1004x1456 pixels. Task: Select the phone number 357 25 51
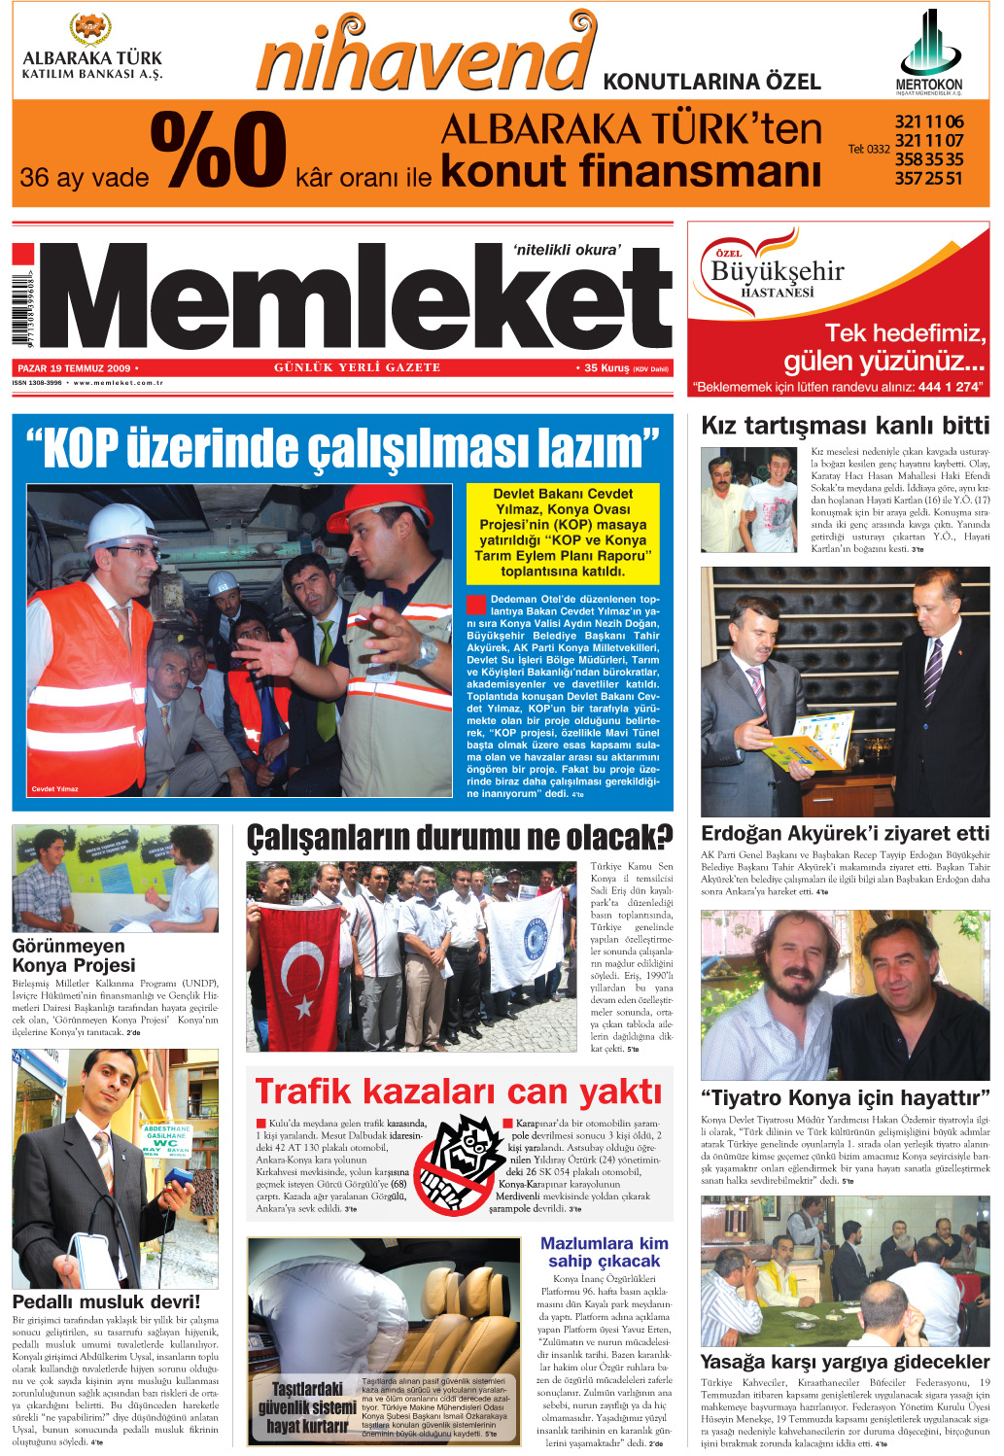click(x=928, y=178)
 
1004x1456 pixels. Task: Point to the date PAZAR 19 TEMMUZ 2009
click(x=74, y=368)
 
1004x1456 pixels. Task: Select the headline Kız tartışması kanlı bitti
click(x=845, y=426)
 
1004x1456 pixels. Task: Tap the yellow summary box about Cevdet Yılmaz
click(x=563, y=533)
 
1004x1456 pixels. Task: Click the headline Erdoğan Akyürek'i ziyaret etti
click(x=845, y=833)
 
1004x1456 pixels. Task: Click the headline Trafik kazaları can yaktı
click(x=458, y=1092)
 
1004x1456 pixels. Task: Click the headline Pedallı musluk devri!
click(x=106, y=1301)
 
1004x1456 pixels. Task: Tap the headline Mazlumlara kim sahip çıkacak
click(x=604, y=1252)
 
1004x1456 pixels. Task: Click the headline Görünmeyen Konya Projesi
click(x=74, y=955)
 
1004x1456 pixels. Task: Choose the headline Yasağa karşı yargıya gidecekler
click(x=845, y=1362)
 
